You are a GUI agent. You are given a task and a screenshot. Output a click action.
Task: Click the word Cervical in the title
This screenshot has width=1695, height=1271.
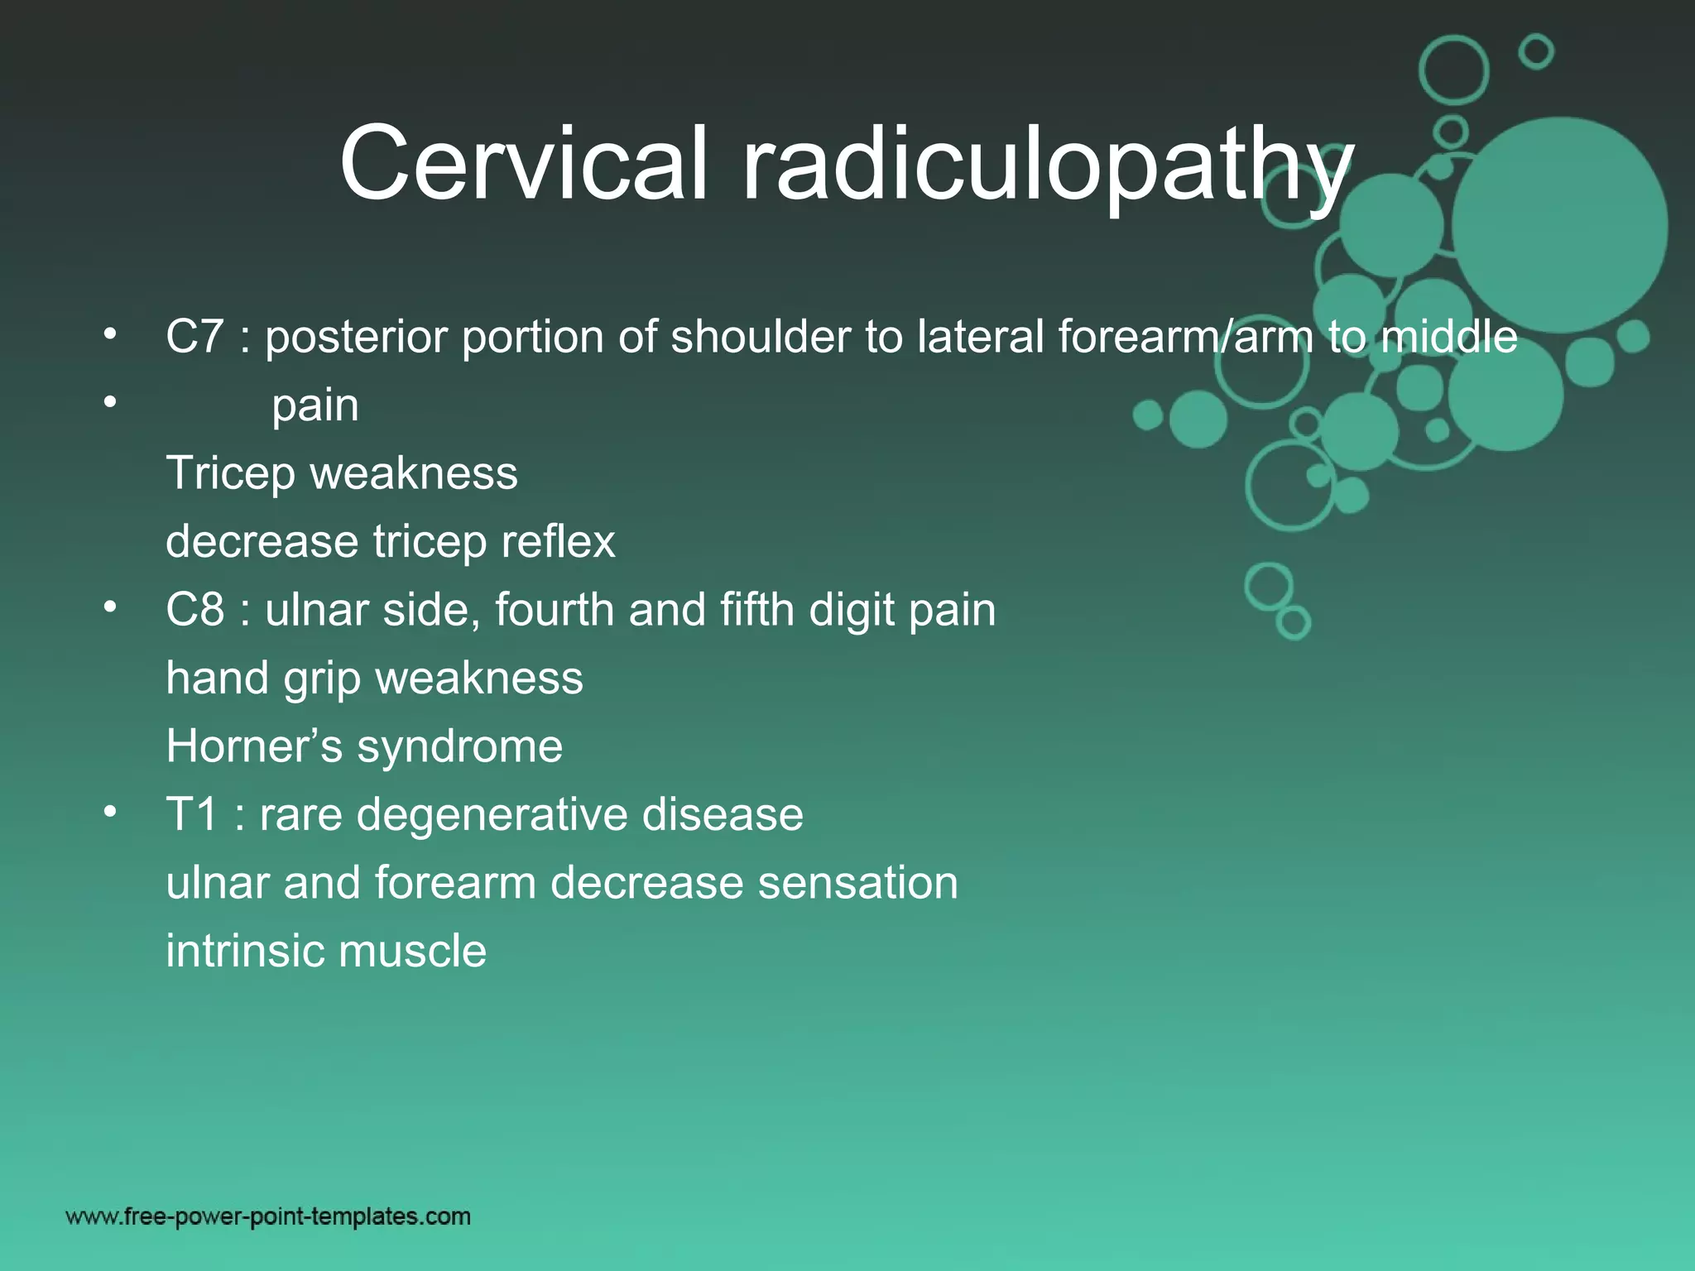(524, 163)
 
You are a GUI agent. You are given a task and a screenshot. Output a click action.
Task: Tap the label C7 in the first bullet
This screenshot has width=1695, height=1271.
(194, 337)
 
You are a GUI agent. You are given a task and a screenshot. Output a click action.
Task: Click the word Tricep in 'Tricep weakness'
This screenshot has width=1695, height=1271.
(230, 474)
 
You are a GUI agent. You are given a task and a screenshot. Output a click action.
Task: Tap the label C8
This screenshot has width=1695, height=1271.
(194, 610)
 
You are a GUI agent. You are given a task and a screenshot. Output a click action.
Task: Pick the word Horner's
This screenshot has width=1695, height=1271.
(253, 746)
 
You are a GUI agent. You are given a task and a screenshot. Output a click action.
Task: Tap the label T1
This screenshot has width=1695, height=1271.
(192, 814)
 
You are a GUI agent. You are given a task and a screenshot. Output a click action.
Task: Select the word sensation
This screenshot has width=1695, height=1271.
(857, 882)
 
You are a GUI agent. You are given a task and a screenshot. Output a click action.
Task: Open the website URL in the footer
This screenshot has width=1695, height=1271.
(268, 1216)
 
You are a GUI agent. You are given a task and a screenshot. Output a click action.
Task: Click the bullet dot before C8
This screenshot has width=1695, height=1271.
(110, 607)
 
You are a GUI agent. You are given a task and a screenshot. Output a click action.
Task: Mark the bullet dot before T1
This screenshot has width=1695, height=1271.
(110, 812)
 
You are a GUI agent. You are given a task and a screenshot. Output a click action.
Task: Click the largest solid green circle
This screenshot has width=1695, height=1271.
(1559, 225)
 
